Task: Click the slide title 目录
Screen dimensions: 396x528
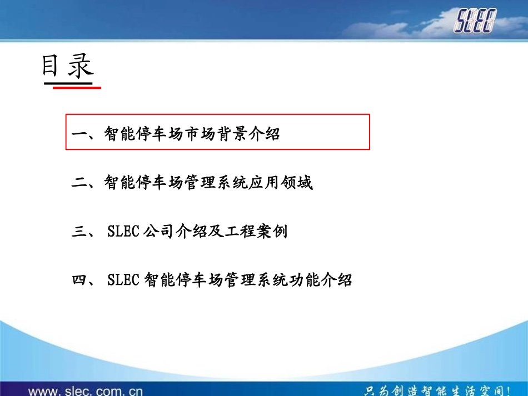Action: point(67,67)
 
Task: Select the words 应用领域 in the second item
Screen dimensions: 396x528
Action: point(281,183)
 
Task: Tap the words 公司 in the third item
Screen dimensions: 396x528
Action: point(158,232)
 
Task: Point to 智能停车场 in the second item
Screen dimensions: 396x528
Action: point(144,183)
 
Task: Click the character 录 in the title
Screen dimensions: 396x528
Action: point(81,67)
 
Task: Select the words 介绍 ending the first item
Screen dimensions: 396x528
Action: point(265,134)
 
